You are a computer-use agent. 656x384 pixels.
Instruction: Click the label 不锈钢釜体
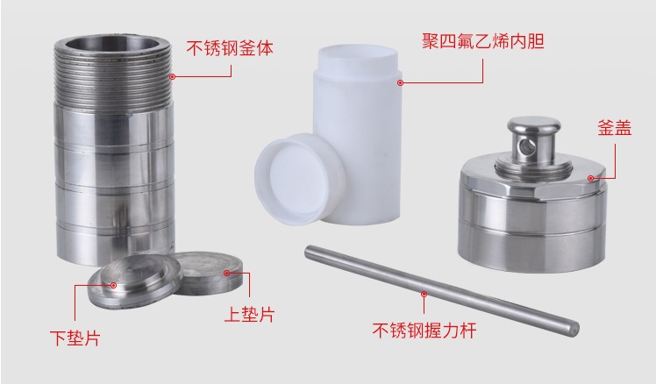[230, 47]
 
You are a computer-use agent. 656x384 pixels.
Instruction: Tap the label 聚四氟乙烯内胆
[483, 41]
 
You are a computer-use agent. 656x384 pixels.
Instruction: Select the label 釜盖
[614, 127]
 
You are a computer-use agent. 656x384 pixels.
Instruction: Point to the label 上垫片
[250, 314]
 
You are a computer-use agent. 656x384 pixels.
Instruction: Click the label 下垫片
[75, 338]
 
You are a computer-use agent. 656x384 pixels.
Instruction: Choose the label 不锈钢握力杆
[424, 330]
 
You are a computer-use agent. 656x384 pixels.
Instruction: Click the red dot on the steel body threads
[173, 77]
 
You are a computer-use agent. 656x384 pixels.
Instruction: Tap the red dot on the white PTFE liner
[400, 82]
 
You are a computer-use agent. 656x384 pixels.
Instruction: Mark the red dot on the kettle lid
[591, 178]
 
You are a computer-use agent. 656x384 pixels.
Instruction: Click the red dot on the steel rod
[424, 294]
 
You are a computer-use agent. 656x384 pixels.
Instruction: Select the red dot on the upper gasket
[227, 274]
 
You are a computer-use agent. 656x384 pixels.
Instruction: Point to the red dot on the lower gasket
[113, 285]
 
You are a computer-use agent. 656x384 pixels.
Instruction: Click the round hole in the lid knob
[525, 146]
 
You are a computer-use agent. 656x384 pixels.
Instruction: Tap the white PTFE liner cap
[300, 179]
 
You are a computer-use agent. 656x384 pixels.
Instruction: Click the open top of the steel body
[112, 44]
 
